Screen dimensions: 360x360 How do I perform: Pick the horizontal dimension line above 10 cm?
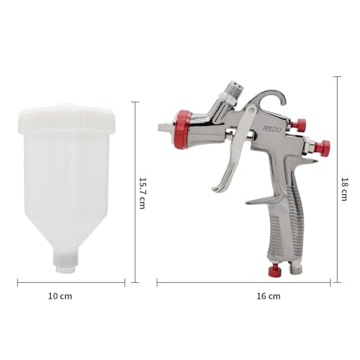pyautogui.click(x=71, y=282)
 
